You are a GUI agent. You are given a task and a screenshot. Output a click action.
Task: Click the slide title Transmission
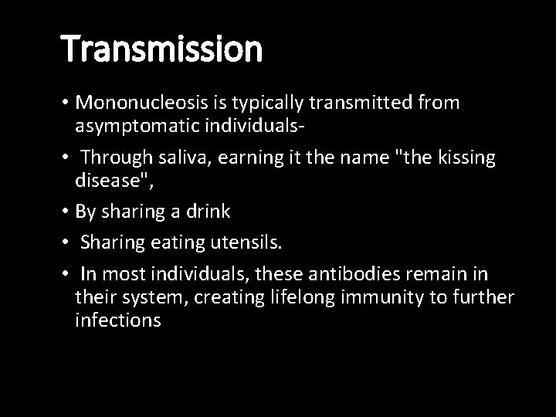point(162,48)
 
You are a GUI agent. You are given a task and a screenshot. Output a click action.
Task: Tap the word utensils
point(245,242)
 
